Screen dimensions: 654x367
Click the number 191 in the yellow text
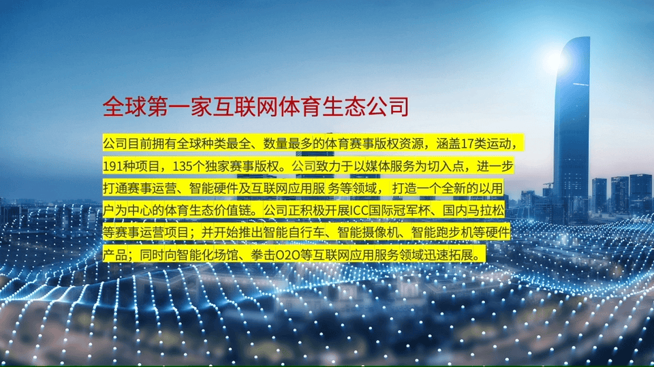click(x=113, y=166)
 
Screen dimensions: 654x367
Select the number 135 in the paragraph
click(x=183, y=166)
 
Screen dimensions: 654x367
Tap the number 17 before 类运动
click(x=467, y=144)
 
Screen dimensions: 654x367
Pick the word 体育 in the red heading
click(x=299, y=107)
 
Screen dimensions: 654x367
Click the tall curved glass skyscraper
click(x=572, y=125)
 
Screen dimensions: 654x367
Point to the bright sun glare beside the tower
click(x=554, y=61)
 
